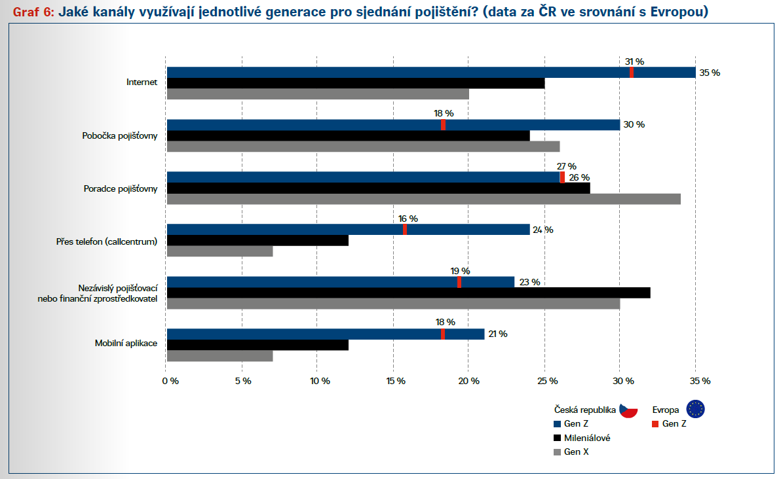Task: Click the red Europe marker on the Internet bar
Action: [x=632, y=73]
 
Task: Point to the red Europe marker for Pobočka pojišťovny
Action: [x=444, y=125]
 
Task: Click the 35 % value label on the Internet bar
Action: [x=710, y=73]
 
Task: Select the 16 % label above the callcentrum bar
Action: [x=408, y=219]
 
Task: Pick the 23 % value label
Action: [x=529, y=282]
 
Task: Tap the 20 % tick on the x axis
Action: [x=469, y=381]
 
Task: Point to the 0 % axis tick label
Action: [x=170, y=381]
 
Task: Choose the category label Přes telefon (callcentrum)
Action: [x=107, y=241]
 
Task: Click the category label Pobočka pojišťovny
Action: [x=120, y=136]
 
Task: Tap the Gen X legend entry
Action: [x=576, y=452]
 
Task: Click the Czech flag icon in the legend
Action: [x=629, y=410]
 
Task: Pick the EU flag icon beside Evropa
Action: [x=696, y=410]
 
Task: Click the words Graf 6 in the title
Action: [x=30, y=12]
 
